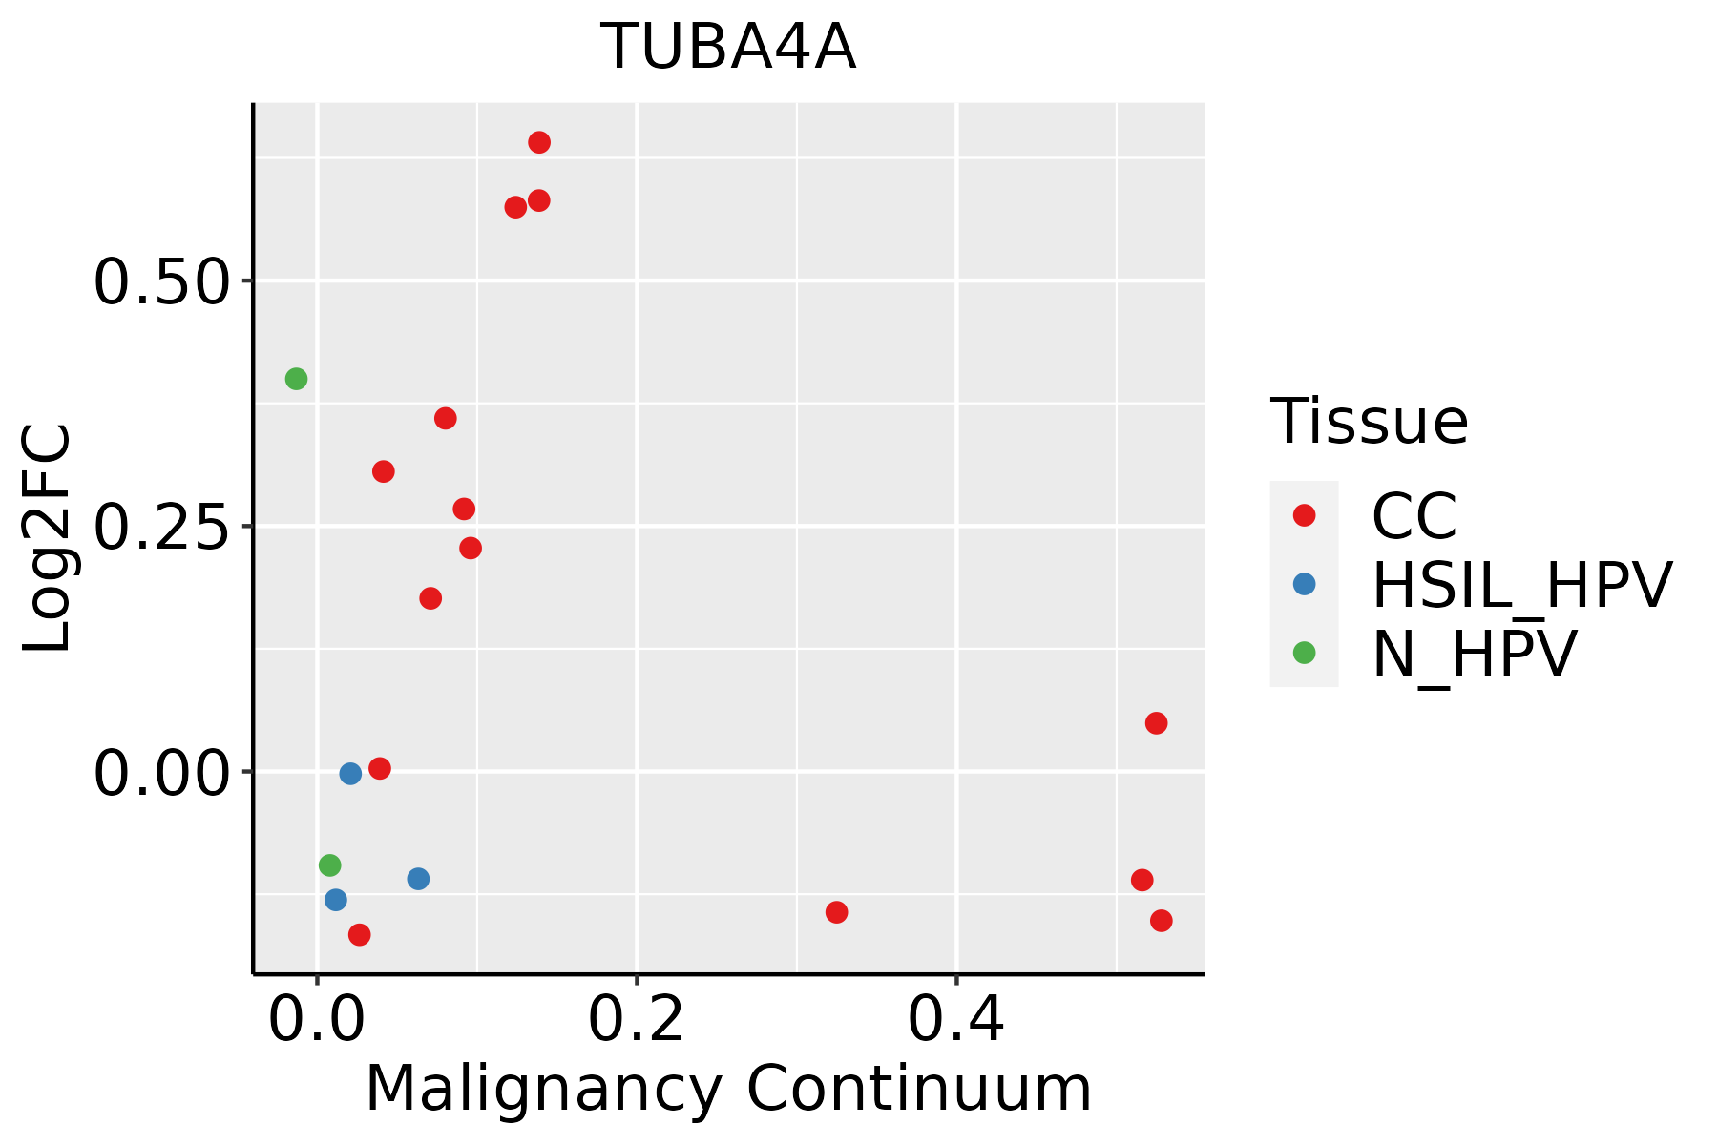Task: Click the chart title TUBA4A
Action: [728, 48]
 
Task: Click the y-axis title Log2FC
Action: [48, 538]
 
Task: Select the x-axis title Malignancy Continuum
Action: [728, 1090]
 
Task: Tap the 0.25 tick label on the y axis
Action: [162, 527]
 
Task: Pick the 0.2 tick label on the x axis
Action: [636, 1020]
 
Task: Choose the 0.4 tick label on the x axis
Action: [955, 1020]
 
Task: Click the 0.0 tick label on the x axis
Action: [317, 1020]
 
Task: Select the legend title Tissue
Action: [1369, 421]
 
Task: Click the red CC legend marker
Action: [1304, 515]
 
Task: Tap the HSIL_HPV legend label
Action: [1521, 585]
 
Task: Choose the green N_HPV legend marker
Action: [1304, 653]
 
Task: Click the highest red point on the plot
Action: [539, 143]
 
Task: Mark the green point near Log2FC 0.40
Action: [296, 379]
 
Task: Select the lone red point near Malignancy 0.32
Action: [836, 912]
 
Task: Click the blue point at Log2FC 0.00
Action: [350, 773]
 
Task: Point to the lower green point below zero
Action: [329, 865]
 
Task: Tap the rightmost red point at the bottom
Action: [1161, 921]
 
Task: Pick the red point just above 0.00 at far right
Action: [1156, 723]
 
